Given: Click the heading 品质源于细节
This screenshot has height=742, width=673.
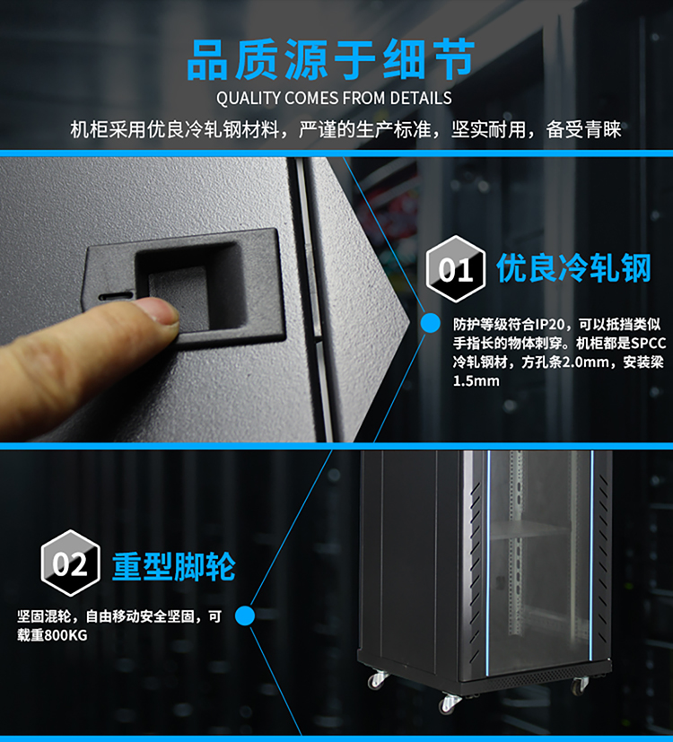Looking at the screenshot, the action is (331, 59).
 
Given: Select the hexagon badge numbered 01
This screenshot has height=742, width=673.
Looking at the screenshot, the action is (455, 269).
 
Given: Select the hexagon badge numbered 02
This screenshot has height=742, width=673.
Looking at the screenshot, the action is (70, 563).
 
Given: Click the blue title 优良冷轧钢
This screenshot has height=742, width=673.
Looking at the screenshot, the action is (574, 268).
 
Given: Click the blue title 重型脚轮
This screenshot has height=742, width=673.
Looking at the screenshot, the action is (174, 566).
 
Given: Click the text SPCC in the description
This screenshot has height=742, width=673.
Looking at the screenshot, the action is (649, 343).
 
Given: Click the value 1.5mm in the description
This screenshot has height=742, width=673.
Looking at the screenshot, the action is (476, 381).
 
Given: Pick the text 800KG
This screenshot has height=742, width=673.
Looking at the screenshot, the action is (66, 635).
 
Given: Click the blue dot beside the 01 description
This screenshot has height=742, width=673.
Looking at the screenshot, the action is (430, 323).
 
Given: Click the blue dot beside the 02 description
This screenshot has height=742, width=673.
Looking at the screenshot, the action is (245, 615).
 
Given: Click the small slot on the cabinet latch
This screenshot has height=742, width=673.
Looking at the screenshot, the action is (116, 296).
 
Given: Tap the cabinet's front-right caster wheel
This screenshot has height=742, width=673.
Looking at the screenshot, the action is (580, 685).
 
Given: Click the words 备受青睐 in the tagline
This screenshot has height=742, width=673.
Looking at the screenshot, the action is (583, 130).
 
